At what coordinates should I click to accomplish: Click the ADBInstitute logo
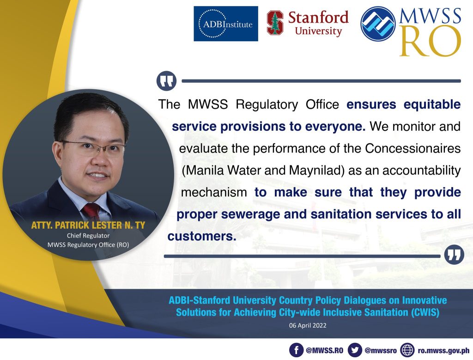pyautogui.click(x=225, y=24)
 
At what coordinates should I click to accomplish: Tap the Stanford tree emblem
pyautogui.click(x=275, y=23)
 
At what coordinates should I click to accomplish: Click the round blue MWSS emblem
pyautogui.click(x=378, y=24)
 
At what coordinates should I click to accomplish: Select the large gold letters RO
pyautogui.click(x=431, y=41)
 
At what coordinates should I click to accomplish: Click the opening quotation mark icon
pyautogui.click(x=166, y=81)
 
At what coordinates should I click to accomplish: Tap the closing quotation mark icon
pyautogui.click(x=455, y=255)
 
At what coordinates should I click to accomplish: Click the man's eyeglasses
pyautogui.click(x=93, y=147)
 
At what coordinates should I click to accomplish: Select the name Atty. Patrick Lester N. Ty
pyautogui.click(x=88, y=225)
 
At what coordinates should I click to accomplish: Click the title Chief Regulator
pyautogui.click(x=88, y=235)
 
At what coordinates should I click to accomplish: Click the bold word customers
pyautogui.click(x=202, y=236)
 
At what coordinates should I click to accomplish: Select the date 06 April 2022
pyautogui.click(x=308, y=325)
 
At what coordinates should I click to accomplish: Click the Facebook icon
pyautogui.click(x=296, y=350)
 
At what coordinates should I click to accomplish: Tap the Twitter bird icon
pyautogui.click(x=355, y=350)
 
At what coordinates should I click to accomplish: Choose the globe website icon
pyautogui.click(x=407, y=350)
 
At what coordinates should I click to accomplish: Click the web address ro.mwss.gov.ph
pyautogui.click(x=443, y=350)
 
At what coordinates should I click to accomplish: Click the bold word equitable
pyautogui.click(x=432, y=104)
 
